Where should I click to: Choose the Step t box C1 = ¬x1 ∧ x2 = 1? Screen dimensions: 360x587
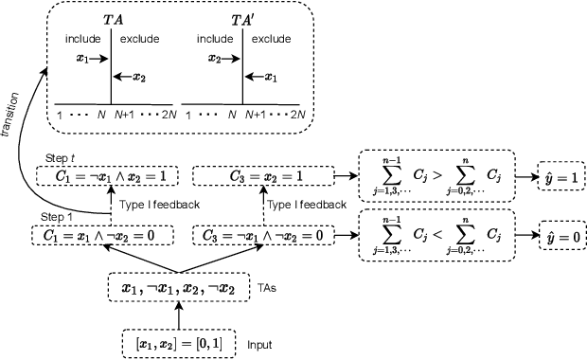point(92,176)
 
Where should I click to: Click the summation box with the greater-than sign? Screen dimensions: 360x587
point(434,176)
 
